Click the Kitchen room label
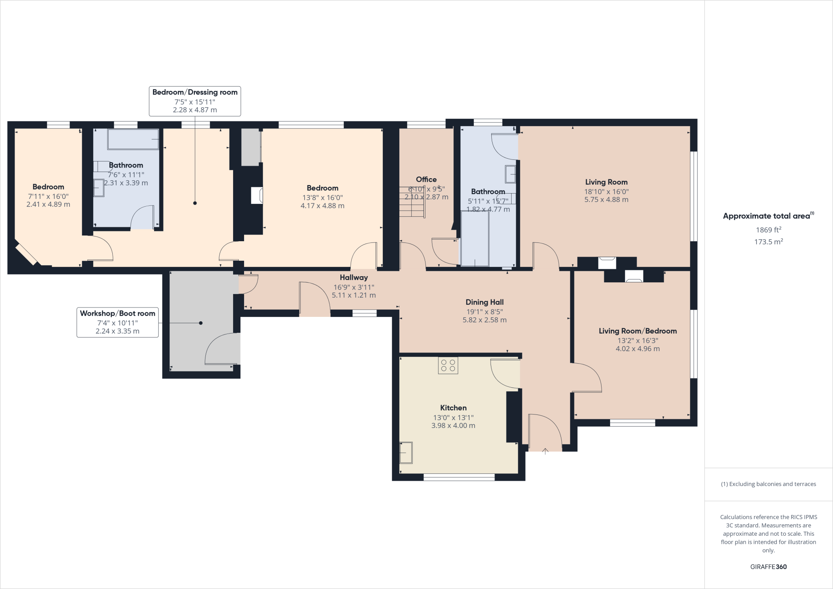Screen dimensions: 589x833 453,408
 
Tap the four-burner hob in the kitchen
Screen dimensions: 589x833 448,365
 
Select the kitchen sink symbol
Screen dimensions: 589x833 406,452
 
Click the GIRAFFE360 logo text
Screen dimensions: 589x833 768,567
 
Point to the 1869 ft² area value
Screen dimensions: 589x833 768,230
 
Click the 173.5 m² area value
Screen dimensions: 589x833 768,242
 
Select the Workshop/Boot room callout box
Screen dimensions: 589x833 118,322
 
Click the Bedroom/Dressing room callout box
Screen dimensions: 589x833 195,101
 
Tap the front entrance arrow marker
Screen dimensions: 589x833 545,450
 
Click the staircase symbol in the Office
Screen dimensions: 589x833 412,202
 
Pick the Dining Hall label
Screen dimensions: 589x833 484,302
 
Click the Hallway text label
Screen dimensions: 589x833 353,277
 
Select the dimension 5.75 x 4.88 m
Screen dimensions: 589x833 606,200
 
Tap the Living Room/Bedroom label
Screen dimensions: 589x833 637,331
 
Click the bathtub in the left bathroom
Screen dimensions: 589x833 133,140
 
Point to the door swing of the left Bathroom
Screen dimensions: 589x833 142,218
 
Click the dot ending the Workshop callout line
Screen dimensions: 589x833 201,323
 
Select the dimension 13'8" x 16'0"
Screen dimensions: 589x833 322,197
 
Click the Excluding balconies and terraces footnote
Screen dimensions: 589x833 768,484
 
